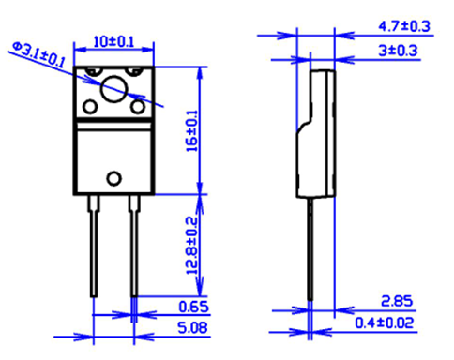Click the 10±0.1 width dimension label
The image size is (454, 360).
(113, 42)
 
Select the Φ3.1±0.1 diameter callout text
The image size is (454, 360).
(38, 55)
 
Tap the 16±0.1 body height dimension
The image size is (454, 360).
(192, 131)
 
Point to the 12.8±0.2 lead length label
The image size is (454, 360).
(192, 246)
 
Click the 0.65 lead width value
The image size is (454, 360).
(193, 307)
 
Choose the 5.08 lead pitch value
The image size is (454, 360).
(192, 328)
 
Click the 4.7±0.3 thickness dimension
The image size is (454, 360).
(404, 26)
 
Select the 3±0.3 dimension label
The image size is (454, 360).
(398, 51)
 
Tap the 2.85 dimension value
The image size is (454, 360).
(397, 301)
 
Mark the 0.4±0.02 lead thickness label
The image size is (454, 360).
(385, 322)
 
